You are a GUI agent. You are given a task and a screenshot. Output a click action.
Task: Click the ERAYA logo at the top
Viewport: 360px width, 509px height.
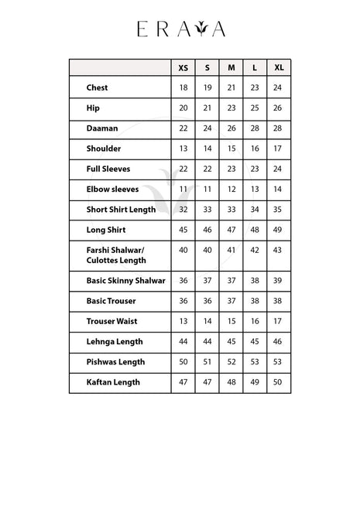(180, 29)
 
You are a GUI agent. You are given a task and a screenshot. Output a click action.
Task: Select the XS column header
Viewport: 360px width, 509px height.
(183, 68)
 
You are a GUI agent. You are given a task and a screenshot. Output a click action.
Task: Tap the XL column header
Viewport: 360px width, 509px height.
(278, 68)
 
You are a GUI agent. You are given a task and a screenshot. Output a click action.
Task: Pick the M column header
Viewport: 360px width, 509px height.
(231, 68)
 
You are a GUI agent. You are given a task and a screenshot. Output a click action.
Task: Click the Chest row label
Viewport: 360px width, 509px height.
(97, 88)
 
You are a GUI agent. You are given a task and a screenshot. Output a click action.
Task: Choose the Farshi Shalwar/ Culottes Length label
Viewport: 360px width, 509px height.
(116, 255)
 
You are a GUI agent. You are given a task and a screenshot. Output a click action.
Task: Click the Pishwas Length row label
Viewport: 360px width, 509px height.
(115, 362)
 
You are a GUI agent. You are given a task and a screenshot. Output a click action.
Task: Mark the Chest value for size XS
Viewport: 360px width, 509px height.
(183, 88)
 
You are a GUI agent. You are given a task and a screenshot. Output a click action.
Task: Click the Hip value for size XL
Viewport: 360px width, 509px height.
(278, 108)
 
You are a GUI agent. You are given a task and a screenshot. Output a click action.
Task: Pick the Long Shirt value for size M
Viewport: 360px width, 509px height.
(231, 230)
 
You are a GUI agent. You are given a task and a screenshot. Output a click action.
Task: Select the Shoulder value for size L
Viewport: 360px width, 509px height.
(255, 149)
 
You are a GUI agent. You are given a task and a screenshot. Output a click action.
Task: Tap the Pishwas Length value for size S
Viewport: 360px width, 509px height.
(207, 362)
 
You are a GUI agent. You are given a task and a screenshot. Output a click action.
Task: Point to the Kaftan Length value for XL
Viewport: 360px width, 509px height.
(278, 382)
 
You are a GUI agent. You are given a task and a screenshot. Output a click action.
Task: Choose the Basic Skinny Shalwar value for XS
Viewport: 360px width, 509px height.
(183, 281)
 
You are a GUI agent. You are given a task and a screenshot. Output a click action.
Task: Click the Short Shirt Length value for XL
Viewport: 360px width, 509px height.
(278, 210)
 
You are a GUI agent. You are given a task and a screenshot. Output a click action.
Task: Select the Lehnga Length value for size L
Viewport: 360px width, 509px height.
(255, 341)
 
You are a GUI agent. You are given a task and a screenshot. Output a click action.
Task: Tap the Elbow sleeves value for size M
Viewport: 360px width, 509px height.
(231, 190)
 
